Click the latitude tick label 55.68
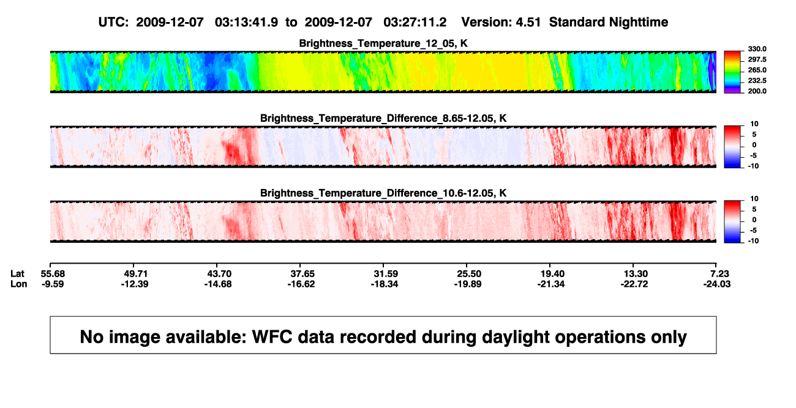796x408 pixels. (53, 274)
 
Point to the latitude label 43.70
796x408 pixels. (219, 274)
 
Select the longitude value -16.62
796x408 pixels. (301, 284)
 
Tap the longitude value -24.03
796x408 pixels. (717, 284)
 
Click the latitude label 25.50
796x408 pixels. (469, 274)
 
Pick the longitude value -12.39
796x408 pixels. (135, 284)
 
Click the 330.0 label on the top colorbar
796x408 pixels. (757, 49)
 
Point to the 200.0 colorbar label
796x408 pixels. (757, 91)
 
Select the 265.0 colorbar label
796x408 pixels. (757, 70)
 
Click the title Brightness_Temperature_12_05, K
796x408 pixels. (383, 43)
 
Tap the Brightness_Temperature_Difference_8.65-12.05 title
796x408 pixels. (383, 118)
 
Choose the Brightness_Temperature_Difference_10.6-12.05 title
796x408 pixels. (383, 193)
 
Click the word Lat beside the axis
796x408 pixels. (17, 274)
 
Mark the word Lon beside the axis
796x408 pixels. (18, 284)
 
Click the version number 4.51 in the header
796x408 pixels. (528, 22)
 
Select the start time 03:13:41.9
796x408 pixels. (246, 22)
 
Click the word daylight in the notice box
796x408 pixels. (514, 338)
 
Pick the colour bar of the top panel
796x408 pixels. (732, 72)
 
